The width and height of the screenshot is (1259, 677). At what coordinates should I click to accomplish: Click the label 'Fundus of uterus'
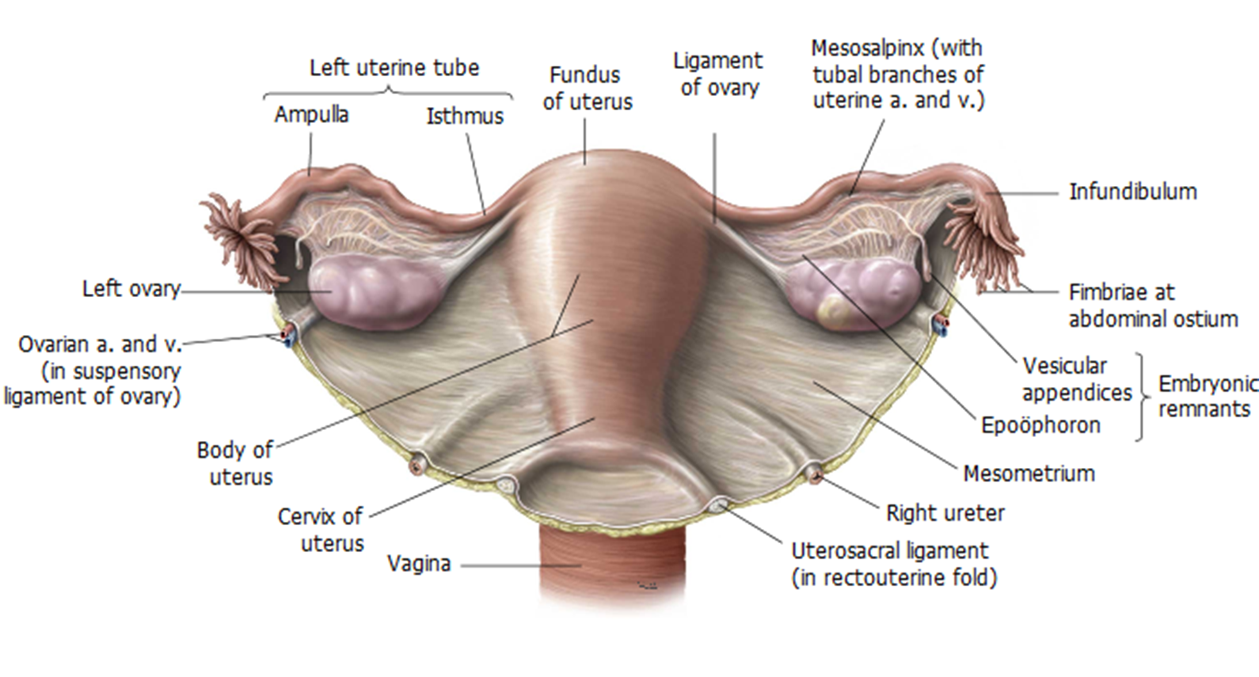(587, 88)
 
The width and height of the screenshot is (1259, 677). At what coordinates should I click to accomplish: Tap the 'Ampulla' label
(311, 115)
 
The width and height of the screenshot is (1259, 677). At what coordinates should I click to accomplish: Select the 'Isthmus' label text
(465, 116)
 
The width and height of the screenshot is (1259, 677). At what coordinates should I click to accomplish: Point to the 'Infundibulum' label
(1132, 192)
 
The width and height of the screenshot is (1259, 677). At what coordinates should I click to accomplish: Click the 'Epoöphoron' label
(1040, 425)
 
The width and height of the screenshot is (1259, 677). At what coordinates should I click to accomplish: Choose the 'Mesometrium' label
(1029, 474)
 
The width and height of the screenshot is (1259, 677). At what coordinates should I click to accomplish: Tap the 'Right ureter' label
(945, 513)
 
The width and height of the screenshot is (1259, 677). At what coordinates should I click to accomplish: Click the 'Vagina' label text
(419, 564)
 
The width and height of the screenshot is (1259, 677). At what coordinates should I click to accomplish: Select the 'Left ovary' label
(131, 288)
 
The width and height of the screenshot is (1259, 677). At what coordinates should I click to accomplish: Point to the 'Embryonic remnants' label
(1207, 396)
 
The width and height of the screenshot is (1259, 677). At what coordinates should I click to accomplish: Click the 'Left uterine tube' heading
(394, 68)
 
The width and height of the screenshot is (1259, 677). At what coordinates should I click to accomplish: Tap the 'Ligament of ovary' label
(717, 74)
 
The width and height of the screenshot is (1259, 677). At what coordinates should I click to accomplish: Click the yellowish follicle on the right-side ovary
(835, 311)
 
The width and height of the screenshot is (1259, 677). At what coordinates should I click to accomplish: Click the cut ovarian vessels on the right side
(941, 323)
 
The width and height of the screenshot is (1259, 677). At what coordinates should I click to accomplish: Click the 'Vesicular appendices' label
(1076, 379)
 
